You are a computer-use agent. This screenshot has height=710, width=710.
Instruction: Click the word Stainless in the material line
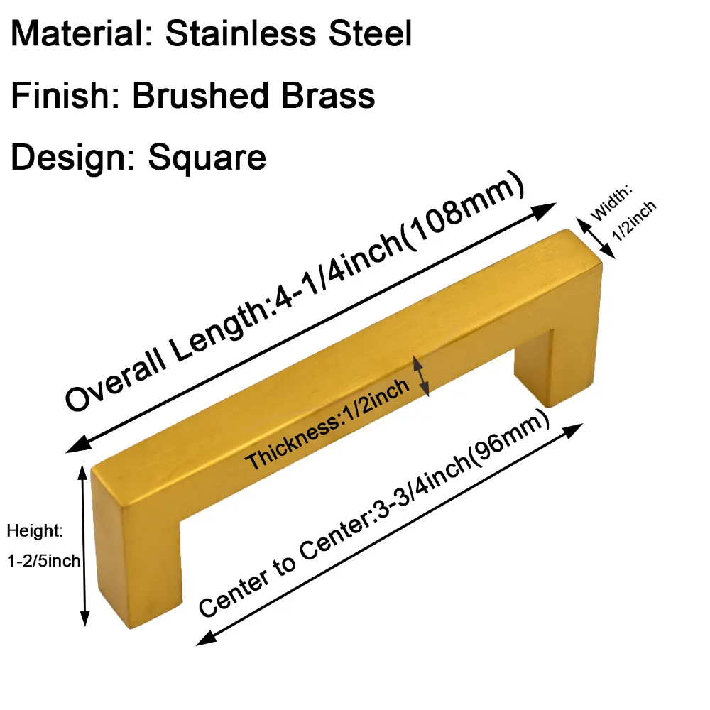pyautogui.click(x=241, y=33)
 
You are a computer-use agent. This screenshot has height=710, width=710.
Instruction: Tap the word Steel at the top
pyautogui.click(x=370, y=33)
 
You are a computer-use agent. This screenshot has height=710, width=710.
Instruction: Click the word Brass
pyautogui.click(x=328, y=95)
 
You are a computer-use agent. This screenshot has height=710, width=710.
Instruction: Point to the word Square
pyautogui.click(x=207, y=158)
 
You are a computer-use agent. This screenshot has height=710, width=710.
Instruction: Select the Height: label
pyautogui.click(x=35, y=531)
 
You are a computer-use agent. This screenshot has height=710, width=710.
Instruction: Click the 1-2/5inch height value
pyautogui.click(x=43, y=561)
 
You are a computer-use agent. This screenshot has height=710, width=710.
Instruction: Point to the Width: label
pyautogui.click(x=611, y=202)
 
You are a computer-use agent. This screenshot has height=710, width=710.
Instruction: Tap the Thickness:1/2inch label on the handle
pyautogui.click(x=327, y=425)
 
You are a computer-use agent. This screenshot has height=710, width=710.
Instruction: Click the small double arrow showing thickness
pyautogui.click(x=421, y=376)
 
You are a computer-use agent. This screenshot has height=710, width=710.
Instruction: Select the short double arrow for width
pyautogui.click(x=596, y=238)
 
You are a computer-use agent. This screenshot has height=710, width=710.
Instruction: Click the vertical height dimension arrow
pyautogui.click(x=84, y=545)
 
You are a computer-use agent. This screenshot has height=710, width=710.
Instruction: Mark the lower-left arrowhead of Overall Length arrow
pyautogui.click(x=77, y=444)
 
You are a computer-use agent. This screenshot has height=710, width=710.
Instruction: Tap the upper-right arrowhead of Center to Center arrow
pyautogui.click(x=572, y=430)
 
